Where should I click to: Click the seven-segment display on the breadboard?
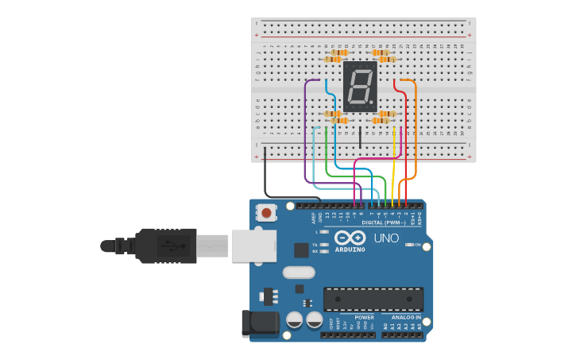tap(360, 86)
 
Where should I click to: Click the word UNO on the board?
tap(386, 238)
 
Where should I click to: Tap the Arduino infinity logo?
tap(350, 238)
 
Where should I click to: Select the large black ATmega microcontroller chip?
tap(373, 300)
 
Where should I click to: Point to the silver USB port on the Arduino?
tap(253, 246)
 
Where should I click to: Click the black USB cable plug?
tap(167, 246)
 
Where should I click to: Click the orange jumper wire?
tap(415, 127)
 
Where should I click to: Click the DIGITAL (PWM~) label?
tap(384, 223)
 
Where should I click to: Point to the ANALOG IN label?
tap(406, 317)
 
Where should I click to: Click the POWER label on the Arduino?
tap(364, 317)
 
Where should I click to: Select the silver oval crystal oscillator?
tap(299, 273)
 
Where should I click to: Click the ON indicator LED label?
tap(417, 245)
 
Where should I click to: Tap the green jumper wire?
tap(327, 151)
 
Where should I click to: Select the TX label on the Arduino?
tap(315, 244)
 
